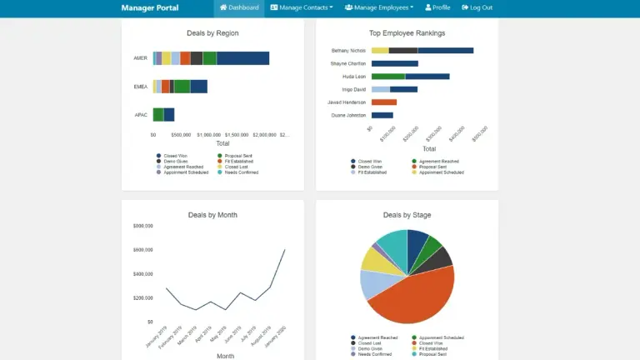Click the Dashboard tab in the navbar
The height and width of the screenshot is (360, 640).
point(238,7)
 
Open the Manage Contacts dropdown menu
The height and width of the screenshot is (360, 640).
point(301,7)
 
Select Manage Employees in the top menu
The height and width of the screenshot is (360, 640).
point(379,7)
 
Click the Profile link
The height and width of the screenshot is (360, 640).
point(437,7)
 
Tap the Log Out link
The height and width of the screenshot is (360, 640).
point(477,7)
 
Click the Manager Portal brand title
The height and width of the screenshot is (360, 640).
point(149,7)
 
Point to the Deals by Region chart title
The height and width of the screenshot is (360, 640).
point(212,33)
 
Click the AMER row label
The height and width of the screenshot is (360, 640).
point(140,58)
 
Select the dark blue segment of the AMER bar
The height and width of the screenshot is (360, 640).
point(242,58)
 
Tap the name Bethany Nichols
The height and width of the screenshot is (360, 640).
point(348,51)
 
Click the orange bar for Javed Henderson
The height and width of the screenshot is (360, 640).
point(383,102)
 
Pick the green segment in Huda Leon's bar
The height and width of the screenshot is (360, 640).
point(388,77)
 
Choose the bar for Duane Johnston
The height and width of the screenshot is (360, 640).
point(382,115)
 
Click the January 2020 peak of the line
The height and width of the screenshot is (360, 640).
point(285,249)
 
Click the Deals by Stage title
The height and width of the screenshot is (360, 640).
point(407,215)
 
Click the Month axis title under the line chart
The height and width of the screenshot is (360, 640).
point(226,355)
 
